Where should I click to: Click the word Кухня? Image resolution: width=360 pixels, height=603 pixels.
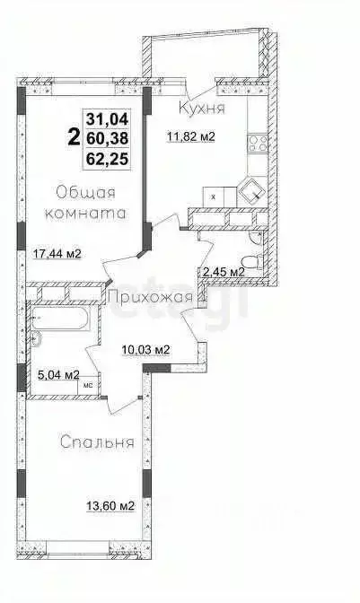(x=200, y=109)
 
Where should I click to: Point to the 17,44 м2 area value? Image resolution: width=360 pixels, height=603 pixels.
(x=57, y=253)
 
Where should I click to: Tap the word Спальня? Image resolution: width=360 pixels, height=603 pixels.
(x=98, y=441)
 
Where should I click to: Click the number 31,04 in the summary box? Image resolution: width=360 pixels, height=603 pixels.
(x=107, y=117)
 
